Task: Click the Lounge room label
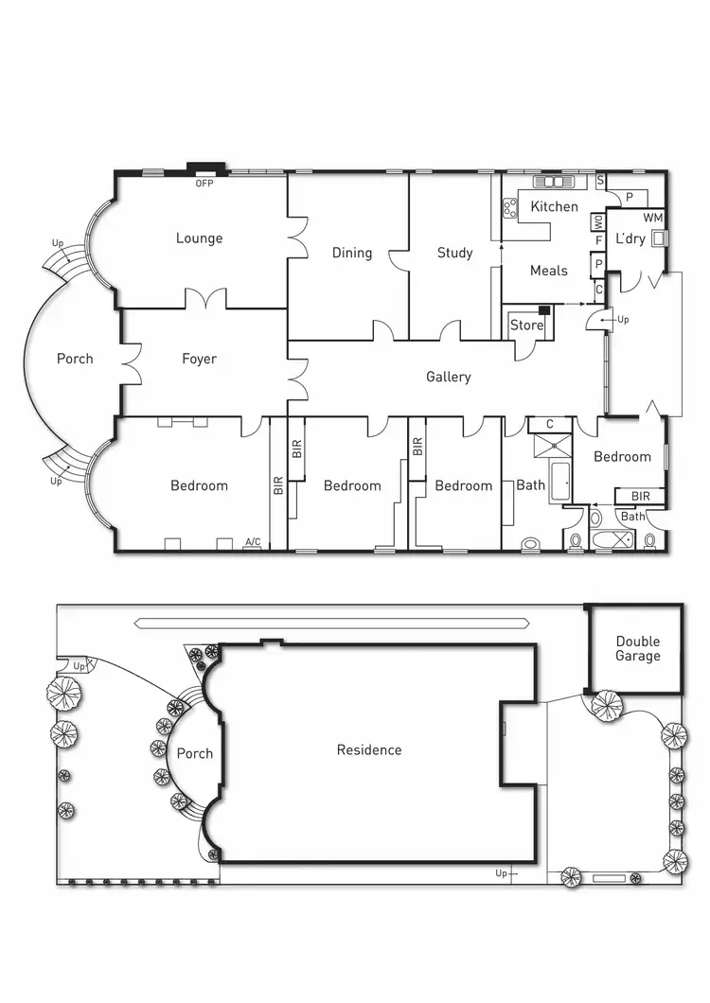199,238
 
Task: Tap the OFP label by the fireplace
204,184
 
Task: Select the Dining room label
351,253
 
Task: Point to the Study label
454,253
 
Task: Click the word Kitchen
554,206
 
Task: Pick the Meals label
548,271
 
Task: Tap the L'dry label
630,238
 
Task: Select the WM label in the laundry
653,219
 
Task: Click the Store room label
526,326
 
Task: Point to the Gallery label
448,377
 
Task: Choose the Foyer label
199,359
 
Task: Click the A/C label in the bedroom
253,542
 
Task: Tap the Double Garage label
637,648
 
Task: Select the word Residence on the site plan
369,750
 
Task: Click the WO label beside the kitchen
598,222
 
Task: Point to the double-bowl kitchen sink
554,182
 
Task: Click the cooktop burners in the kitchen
509,205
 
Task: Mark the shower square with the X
549,447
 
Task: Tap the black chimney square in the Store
544,310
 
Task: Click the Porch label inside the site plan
194,754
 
